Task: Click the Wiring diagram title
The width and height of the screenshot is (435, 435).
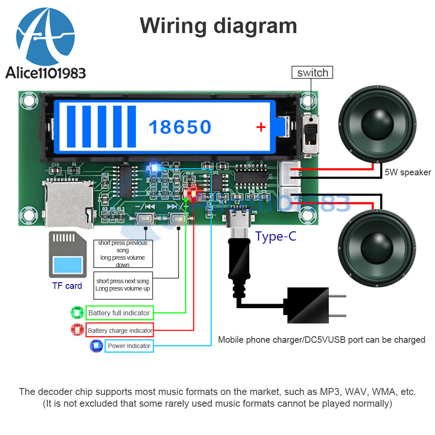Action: coord(218,26)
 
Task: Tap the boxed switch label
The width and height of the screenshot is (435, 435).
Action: coord(312,73)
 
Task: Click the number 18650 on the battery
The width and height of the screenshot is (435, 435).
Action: coord(180,127)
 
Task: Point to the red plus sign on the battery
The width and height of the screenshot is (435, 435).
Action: coord(261,127)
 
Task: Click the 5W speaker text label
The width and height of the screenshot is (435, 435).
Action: coord(407,172)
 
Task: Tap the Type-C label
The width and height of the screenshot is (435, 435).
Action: coord(275,236)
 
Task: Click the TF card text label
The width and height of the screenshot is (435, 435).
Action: coord(67,286)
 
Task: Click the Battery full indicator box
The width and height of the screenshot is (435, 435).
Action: coord(119,313)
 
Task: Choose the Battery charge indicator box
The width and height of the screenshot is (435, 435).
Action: coord(120,331)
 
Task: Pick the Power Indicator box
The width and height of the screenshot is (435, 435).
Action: coord(129,346)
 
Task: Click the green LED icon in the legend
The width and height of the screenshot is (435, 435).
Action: coord(77,313)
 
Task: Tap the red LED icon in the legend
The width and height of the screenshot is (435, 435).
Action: coord(77,330)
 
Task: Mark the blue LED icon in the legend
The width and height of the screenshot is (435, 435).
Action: coord(96,346)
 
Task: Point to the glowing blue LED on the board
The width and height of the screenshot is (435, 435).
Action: coord(153,166)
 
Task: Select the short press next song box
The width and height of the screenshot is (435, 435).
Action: coord(123,285)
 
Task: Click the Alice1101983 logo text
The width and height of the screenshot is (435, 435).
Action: coord(45,73)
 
